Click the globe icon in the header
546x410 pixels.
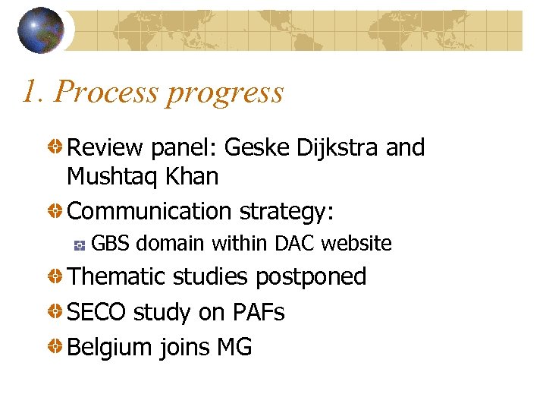[41, 30]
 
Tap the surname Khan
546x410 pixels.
[192, 177]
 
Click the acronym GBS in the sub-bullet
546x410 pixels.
[110, 244]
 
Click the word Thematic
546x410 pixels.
[116, 276]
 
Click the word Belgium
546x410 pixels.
[110, 348]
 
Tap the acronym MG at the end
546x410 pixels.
[234, 348]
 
